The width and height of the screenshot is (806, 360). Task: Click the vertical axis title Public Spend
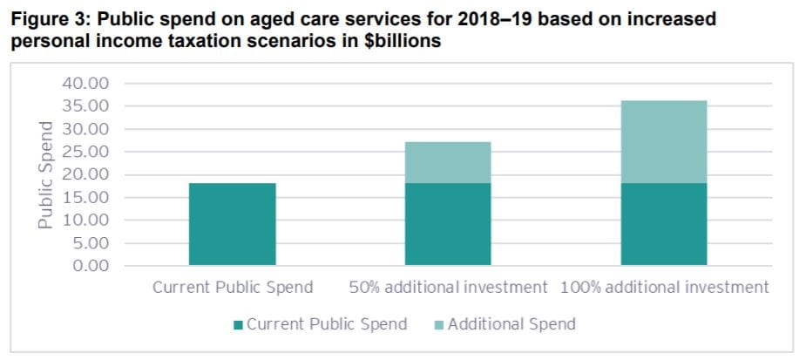46,174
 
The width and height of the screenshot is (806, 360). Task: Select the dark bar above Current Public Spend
232,224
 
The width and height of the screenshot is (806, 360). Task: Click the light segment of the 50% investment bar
448,162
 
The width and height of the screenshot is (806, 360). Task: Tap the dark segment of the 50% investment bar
448,224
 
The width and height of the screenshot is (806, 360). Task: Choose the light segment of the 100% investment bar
663,141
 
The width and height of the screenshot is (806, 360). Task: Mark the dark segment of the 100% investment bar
663,224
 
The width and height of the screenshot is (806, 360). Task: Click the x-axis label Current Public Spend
233,287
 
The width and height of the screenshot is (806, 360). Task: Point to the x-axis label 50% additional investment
448,287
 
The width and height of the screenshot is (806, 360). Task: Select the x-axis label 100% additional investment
665,287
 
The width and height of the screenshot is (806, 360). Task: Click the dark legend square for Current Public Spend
239,325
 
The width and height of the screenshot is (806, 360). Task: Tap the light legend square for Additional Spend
439,325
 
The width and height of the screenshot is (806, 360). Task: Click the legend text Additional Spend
511,324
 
